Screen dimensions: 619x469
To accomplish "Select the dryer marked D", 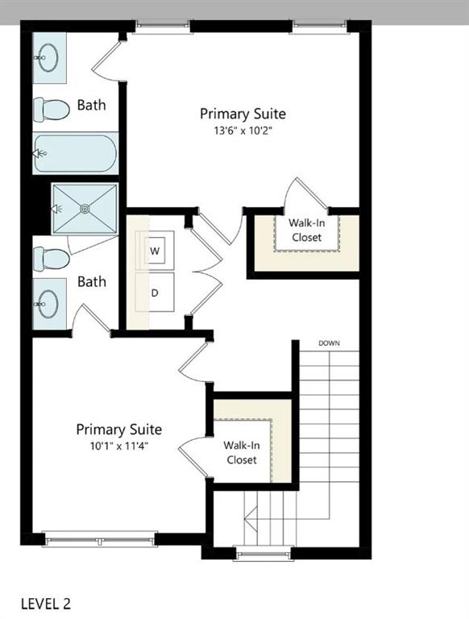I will coord(156,292).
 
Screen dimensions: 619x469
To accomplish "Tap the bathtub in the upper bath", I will coord(75,153).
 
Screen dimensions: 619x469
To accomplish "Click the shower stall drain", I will coord(85,208).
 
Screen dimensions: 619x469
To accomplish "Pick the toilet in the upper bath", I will coord(52,108).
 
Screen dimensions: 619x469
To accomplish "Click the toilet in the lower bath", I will coord(52,258).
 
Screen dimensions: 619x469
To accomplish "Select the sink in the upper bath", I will coord(47,56).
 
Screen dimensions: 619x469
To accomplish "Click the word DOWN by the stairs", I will coord(329,343).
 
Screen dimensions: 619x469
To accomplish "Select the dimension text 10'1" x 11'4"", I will coord(119,445).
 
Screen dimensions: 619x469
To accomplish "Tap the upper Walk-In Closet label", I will coord(305,230).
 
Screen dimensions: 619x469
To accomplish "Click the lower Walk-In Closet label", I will coord(241,452).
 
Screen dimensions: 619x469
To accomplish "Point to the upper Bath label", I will coord(91,105).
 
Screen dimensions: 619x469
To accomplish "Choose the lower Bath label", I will coord(91,282).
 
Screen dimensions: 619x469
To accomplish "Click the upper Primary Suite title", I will coord(243,114).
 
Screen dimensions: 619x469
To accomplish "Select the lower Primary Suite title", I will coord(119,430).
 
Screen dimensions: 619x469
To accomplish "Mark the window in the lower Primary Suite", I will coord(100,537).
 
